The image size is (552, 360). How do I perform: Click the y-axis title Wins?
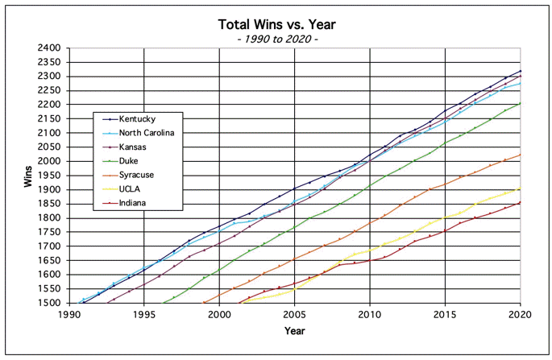[x=29, y=176]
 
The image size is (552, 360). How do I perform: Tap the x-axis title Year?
[x=294, y=331]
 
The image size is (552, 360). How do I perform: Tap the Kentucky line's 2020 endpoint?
[x=520, y=71]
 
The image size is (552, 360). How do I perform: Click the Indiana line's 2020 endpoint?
[x=520, y=202]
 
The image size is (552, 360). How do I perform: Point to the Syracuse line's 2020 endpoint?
[x=520, y=155]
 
